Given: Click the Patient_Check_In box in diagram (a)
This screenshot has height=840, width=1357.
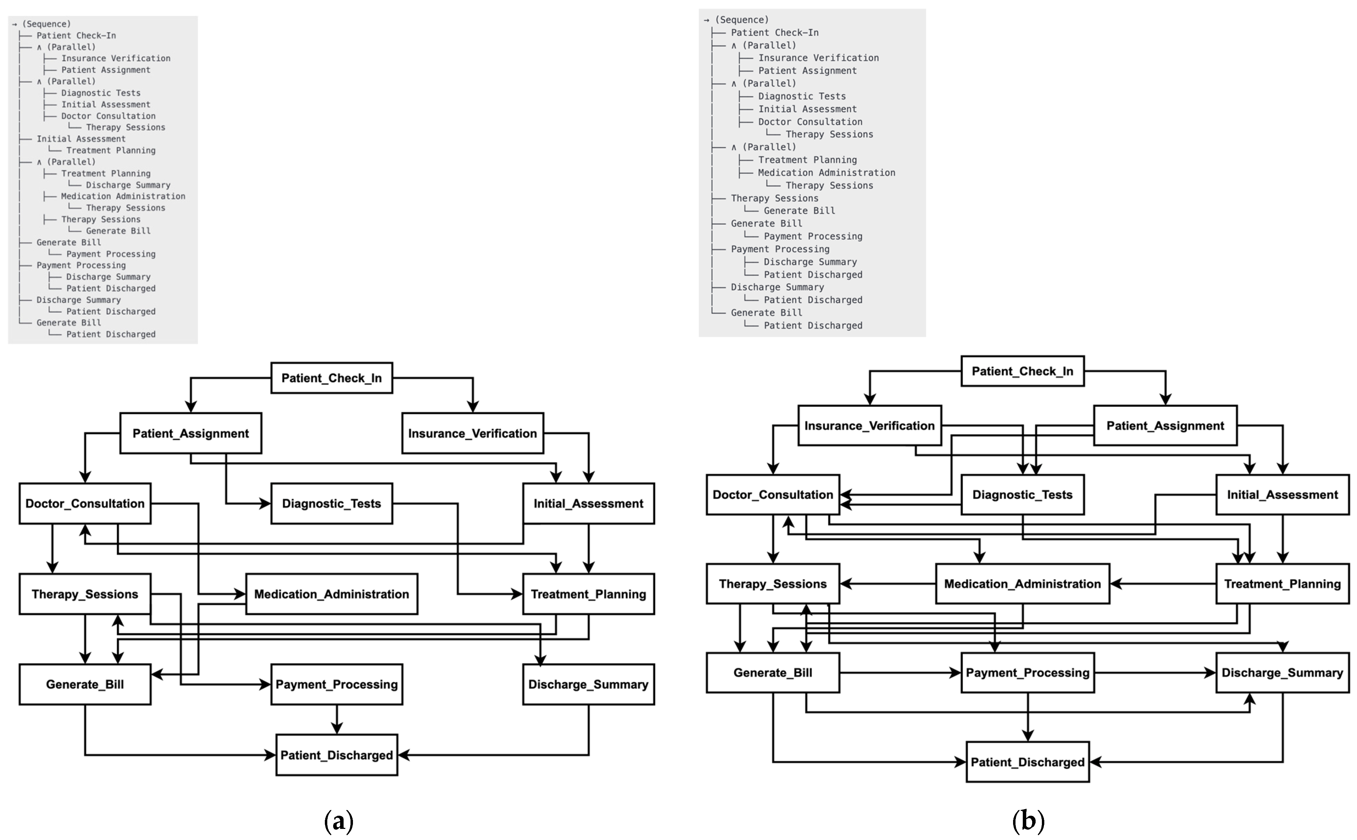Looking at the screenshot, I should (331, 378).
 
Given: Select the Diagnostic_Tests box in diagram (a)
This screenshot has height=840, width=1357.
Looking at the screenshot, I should (331, 503).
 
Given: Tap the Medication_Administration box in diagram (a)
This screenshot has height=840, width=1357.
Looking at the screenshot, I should (331, 594).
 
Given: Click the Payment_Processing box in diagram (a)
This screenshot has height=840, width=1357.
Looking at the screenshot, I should (336, 684).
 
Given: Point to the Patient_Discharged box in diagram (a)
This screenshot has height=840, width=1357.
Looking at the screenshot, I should (336, 755).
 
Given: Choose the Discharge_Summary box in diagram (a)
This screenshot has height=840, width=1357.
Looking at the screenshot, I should (588, 684).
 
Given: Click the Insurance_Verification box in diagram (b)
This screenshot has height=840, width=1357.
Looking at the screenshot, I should (869, 426).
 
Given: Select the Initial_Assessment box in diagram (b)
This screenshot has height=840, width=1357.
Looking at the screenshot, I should (1282, 495).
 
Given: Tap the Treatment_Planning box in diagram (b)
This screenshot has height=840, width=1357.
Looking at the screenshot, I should (1282, 584).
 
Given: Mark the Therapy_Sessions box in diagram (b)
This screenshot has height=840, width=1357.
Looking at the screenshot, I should (773, 584).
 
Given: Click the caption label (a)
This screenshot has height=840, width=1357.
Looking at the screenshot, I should (338, 821).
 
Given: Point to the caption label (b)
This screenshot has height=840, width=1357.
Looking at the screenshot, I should (1028, 821).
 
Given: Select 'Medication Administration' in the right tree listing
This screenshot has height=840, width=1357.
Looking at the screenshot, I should (826, 173).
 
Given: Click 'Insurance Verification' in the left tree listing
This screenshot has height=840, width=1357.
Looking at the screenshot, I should (116, 58).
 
